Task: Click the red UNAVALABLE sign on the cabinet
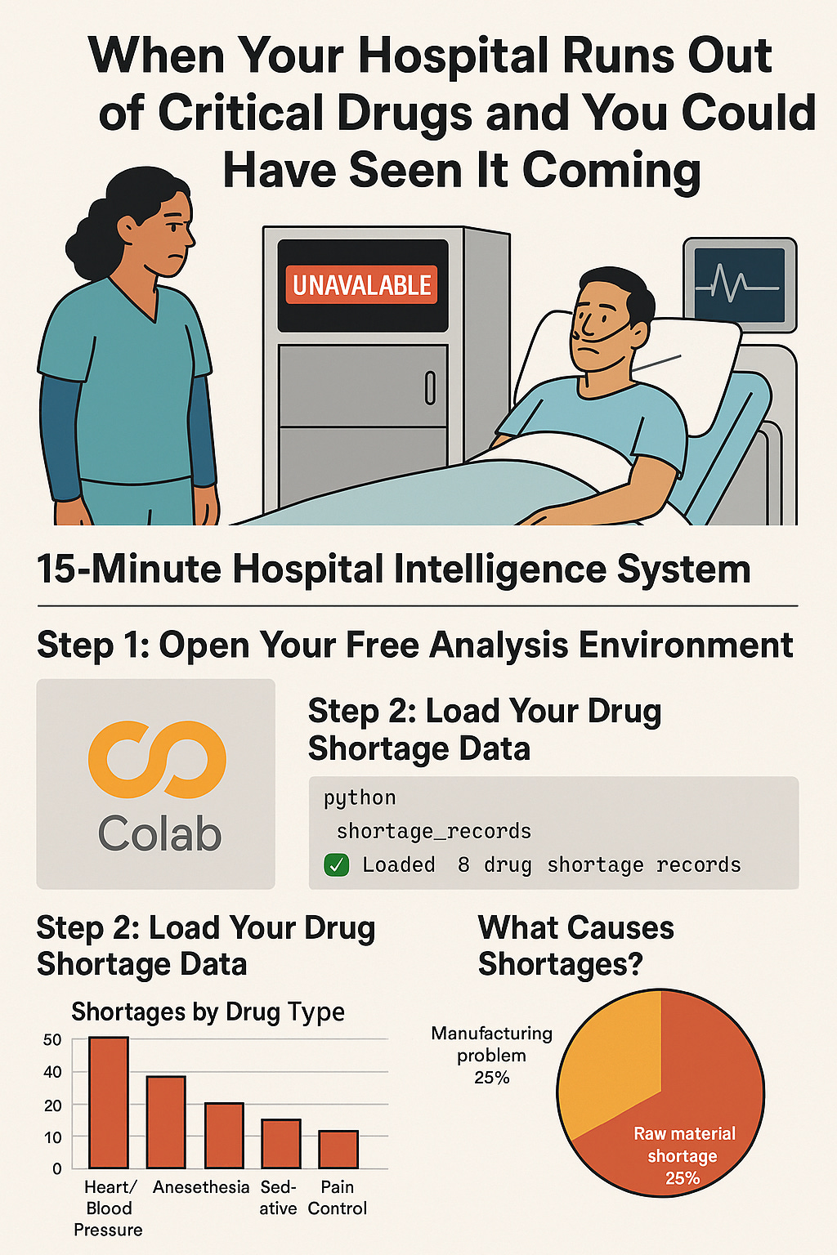click(x=361, y=284)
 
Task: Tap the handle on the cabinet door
click(x=430, y=388)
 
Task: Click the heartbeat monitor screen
click(x=740, y=285)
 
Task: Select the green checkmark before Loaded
click(x=337, y=865)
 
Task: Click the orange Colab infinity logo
click(x=157, y=759)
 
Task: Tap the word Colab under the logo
click(x=159, y=833)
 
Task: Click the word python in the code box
click(x=360, y=797)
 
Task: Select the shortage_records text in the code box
click(x=433, y=831)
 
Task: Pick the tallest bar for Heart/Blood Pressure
click(x=109, y=1102)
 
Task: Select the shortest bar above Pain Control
click(x=338, y=1149)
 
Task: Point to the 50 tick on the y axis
click(x=52, y=1040)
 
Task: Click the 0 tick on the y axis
click(x=56, y=1168)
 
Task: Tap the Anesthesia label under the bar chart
click(x=201, y=1186)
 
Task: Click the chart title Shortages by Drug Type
click(x=208, y=1012)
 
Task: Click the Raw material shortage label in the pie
click(x=683, y=1155)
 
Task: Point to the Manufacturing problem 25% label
click(x=492, y=1056)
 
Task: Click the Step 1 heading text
click(x=415, y=645)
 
